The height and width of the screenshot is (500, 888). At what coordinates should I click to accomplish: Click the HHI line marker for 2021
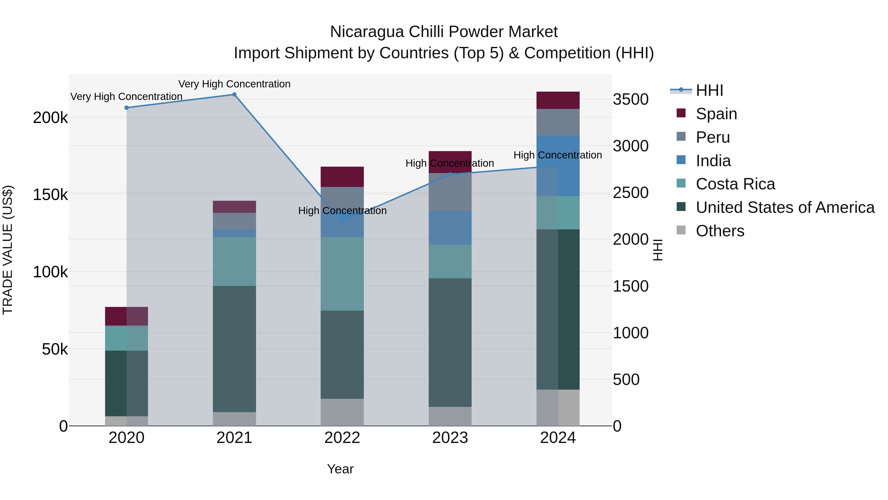pos(234,95)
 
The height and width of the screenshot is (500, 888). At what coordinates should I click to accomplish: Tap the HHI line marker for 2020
pos(127,108)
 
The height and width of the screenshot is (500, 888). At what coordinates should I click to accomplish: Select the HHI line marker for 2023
pos(450,174)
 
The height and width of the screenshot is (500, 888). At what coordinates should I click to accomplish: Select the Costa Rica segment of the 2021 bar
pos(234,261)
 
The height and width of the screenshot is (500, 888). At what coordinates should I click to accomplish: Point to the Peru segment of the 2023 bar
pos(450,192)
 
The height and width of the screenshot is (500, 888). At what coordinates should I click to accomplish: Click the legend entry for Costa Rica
pos(735,184)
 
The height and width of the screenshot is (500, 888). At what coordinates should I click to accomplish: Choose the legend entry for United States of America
pos(785,207)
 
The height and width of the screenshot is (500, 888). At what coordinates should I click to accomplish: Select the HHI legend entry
pos(709,90)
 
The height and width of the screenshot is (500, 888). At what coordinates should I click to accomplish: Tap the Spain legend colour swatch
pos(681,113)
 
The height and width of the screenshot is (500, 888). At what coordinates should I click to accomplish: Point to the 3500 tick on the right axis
pos(630,99)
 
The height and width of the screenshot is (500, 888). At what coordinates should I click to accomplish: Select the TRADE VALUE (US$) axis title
pos(8,250)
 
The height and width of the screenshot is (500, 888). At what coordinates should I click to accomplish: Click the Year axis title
pos(340,469)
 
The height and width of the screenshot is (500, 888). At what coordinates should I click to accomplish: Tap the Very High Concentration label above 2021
pos(234,84)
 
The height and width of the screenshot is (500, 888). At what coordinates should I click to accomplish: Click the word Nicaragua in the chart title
pos(367,32)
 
